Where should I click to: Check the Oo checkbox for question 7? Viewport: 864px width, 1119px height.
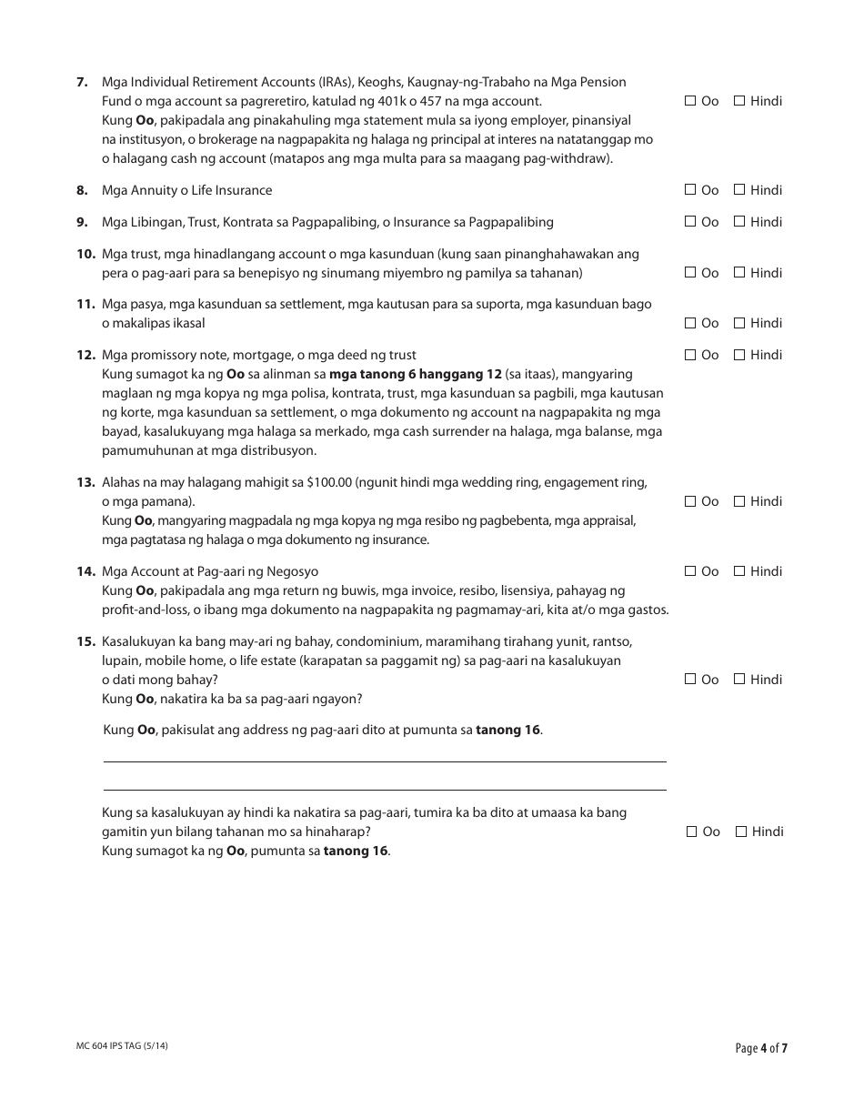(x=690, y=101)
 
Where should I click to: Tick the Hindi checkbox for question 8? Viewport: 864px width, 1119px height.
(x=739, y=190)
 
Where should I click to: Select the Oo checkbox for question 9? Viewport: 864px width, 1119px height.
(x=690, y=222)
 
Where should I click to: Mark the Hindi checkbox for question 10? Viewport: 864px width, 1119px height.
(x=739, y=273)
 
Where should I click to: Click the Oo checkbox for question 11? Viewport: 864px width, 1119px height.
(x=690, y=323)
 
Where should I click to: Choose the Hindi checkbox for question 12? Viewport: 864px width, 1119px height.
(x=739, y=355)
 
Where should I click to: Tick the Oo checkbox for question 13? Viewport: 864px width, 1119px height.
(x=690, y=501)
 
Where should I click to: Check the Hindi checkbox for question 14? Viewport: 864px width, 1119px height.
(x=739, y=571)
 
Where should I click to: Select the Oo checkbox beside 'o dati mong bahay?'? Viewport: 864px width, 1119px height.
(x=690, y=680)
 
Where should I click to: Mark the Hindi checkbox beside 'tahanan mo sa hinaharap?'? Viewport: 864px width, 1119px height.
(x=741, y=832)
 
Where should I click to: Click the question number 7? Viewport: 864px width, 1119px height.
(x=82, y=82)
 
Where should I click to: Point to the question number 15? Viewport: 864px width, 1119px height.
(x=85, y=641)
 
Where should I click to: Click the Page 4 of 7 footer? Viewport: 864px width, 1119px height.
(x=761, y=1048)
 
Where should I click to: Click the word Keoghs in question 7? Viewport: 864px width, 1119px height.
(x=377, y=82)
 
